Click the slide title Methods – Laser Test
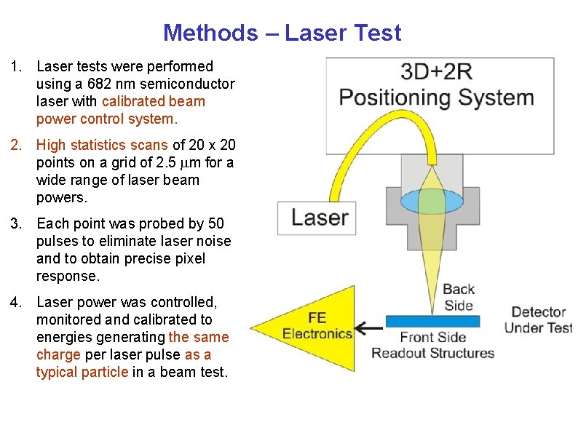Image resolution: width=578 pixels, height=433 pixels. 282,33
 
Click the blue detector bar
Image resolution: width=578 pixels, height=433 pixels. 432,321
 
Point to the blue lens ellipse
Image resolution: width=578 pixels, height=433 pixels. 432,201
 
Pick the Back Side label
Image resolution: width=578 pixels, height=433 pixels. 458,297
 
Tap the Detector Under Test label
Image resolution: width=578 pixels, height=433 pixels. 538,320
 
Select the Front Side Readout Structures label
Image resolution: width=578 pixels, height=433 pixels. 432,346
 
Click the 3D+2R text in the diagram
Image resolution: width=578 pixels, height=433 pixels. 437,73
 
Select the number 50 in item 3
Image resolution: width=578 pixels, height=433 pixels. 215,223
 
